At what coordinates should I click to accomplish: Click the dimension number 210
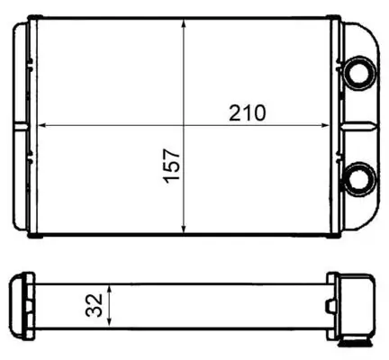(248, 112)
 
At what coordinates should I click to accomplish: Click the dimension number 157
(171, 166)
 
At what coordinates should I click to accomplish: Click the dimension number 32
(94, 305)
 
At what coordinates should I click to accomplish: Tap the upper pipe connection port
(360, 73)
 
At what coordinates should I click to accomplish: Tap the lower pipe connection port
(360, 179)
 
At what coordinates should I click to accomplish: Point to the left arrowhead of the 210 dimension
(41, 125)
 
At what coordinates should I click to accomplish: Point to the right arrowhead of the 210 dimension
(325, 125)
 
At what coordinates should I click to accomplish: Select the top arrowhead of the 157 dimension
(184, 24)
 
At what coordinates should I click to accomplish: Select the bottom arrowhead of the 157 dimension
(184, 228)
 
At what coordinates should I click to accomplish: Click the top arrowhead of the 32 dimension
(110, 289)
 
